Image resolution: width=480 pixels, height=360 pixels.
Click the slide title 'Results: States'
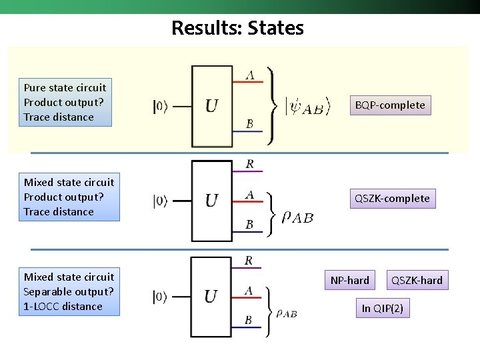tap(237, 28)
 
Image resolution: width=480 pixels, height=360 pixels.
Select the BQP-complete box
tap(390, 105)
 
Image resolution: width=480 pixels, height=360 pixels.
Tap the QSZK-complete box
tap(392, 198)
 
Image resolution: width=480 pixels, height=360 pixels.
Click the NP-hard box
tap(349, 280)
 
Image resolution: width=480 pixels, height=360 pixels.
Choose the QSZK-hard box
tap(417, 280)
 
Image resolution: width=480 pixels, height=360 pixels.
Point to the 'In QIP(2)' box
tap(382, 308)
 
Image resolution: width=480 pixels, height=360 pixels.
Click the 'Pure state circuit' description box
tap(65, 102)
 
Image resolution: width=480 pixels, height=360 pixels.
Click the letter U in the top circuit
tap(211, 106)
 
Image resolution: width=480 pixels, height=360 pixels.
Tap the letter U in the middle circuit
tap(211, 201)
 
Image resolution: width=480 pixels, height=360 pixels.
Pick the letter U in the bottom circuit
tap(211, 297)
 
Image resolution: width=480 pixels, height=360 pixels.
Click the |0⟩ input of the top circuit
tap(161, 106)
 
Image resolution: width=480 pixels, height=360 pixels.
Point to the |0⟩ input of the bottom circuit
tap(161, 297)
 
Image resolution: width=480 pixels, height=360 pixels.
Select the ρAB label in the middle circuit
tap(297, 217)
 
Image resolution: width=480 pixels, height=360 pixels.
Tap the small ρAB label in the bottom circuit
tap(287, 313)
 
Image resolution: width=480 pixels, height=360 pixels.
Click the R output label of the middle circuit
tap(249, 164)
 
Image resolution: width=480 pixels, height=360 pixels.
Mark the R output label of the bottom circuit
tap(249, 261)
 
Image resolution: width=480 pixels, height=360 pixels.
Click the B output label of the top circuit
tap(249, 124)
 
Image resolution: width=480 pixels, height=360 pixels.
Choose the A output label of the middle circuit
tap(249, 195)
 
